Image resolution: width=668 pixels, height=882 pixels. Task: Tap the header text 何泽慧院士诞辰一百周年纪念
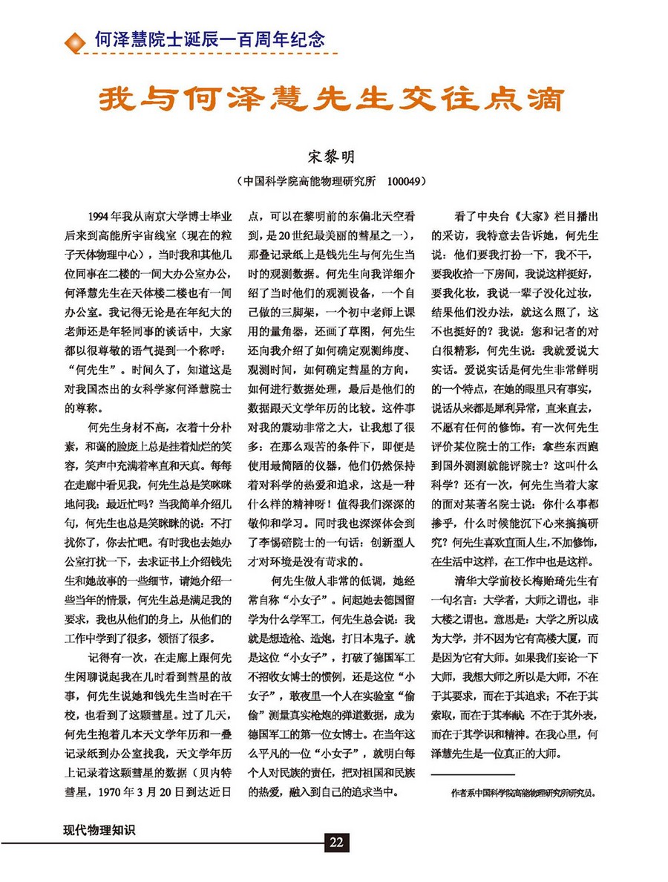click(210, 38)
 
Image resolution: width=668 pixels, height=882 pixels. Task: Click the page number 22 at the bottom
click(335, 842)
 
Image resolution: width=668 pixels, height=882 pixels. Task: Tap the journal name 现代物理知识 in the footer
click(100, 831)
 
